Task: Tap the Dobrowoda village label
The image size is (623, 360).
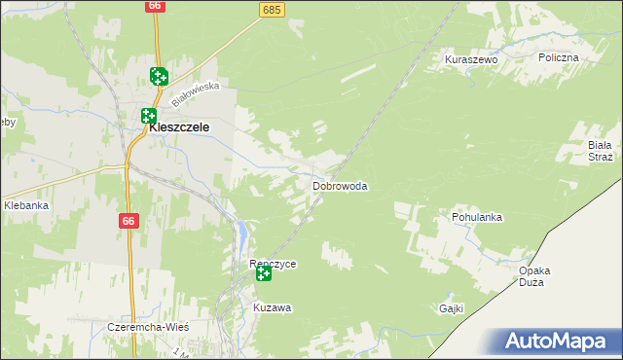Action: tap(340, 185)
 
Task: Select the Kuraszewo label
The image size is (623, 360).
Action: tap(471, 59)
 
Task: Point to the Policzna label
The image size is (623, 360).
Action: tap(558, 57)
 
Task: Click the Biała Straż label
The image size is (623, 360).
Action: tap(599, 150)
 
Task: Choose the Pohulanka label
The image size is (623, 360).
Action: tap(476, 217)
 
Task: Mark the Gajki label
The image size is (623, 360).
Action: tap(450, 308)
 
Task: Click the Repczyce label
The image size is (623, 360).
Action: tap(273, 264)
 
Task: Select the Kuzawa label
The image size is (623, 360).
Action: tap(273, 307)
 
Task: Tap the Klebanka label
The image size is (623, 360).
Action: tap(26, 205)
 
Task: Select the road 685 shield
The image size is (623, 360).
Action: tap(272, 10)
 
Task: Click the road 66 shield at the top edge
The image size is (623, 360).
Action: tap(155, 6)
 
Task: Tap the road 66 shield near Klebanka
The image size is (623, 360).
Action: tap(128, 222)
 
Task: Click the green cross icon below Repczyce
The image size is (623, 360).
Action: tap(264, 275)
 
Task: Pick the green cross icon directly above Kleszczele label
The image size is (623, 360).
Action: tap(149, 115)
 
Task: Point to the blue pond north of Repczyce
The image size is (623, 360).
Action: tap(240, 233)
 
